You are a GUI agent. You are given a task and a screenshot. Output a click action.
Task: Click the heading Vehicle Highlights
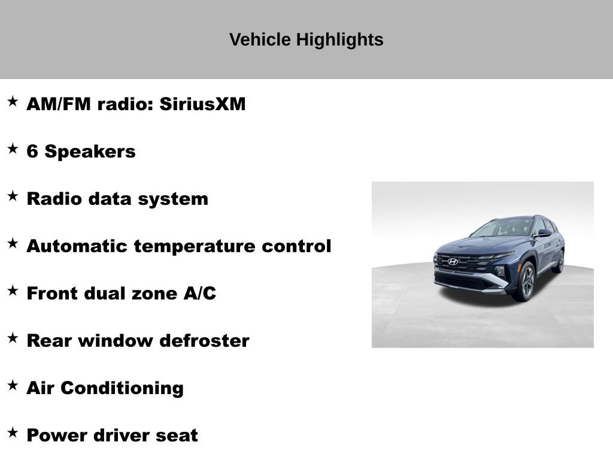(306, 40)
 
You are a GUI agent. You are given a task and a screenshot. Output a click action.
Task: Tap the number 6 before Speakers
(32, 152)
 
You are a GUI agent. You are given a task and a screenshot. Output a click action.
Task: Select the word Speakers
(90, 152)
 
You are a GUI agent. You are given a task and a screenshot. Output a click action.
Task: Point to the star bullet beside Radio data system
(13, 196)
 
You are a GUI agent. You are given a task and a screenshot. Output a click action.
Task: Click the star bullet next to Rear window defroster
(13, 338)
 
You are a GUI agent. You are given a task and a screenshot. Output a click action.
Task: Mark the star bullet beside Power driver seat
(13, 432)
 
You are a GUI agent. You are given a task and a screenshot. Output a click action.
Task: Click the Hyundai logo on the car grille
(453, 262)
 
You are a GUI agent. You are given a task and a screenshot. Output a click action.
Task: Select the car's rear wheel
(560, 261)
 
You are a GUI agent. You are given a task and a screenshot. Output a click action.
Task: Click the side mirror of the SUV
(543, 233)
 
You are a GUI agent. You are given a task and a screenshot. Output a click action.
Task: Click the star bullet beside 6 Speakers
(13, 149)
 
